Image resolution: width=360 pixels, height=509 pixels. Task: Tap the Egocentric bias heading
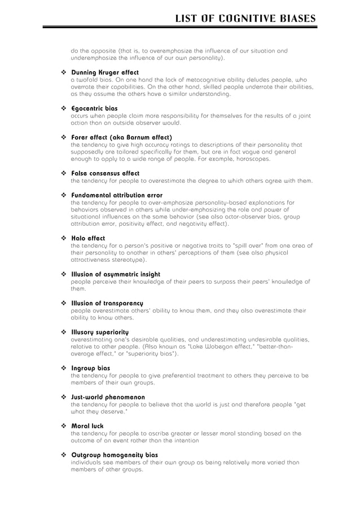coord(94,108)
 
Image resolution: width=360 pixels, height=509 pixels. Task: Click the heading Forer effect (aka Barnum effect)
coord(121,137)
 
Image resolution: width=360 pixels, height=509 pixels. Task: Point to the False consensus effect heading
coord(105,173)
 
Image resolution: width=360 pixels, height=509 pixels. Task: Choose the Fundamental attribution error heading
coord(117,195)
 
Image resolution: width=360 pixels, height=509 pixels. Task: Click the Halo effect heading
coord(88,238)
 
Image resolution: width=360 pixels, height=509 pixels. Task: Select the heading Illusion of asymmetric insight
coord(116,274)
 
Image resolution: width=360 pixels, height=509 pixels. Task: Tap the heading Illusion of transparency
coord(107,304)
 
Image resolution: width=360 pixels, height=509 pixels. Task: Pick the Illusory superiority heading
coord(100,332)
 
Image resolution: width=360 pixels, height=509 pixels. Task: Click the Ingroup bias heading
coord(90,368)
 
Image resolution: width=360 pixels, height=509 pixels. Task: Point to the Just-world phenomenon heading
coord(108,397)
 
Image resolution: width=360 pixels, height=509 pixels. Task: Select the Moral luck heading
coord(87,426)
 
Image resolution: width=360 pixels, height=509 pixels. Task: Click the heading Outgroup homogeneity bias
coord(115,455)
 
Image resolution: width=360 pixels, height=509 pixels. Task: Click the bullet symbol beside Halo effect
coord(63,238)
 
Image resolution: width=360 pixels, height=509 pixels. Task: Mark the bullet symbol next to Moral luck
coord(63,426)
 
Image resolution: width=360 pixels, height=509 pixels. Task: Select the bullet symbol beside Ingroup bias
coord(63,368)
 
